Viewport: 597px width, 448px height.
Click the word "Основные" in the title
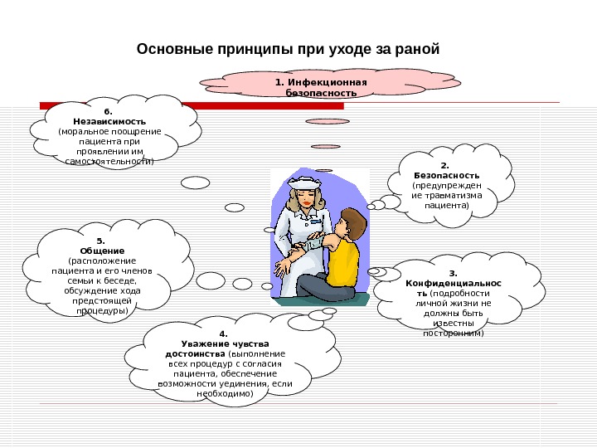coord(171,51)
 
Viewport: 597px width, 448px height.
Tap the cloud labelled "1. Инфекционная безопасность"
coord(321,86)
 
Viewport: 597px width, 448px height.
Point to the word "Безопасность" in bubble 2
coord(446,176)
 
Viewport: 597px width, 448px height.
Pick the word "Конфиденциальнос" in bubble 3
coord(453,283)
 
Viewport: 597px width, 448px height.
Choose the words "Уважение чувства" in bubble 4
coord(225,343)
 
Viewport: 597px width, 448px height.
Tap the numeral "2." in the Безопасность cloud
coord(444,165)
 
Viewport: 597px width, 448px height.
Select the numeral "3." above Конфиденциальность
coord(453,272)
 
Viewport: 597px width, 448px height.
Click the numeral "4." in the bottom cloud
coord(224,334)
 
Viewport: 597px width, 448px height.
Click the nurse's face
coord(304,198)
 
